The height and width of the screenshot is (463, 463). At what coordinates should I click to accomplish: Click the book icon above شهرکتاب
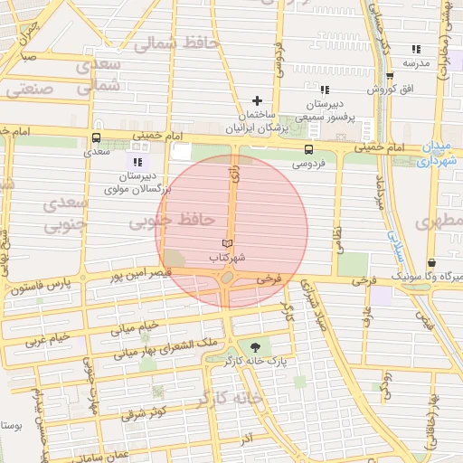[x=227, y=244]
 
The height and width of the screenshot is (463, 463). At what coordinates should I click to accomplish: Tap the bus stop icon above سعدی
[x=97, y=138]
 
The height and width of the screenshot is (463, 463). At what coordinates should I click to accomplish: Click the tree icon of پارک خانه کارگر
[x=253, y=347]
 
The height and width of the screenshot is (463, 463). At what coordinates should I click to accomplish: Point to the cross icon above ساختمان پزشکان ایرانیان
[x=257, y=100]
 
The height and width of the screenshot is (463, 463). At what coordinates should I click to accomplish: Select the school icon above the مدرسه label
[x=416, y=49]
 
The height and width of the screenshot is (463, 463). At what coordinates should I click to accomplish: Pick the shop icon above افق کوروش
[x=390, y=77]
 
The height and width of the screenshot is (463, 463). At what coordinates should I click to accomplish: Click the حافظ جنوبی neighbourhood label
[x=171, y=220]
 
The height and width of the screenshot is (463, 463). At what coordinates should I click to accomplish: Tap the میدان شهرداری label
[x=440, y=154]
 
